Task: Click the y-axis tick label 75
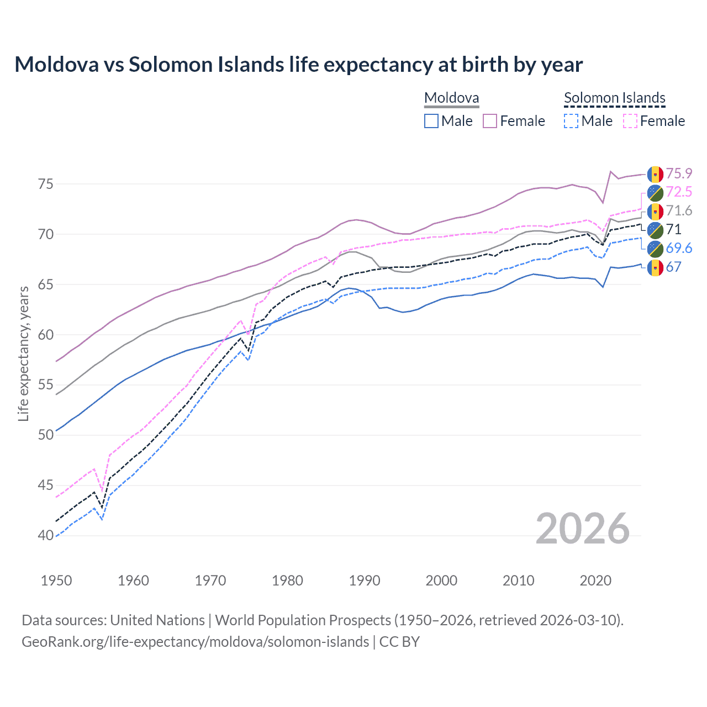tap(46, 184)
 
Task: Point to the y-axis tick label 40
tap(46, 535)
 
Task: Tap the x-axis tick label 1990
tap(365, 581)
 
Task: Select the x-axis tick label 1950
tap(56, 581)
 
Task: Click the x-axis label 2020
tap(595, 581)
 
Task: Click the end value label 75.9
tap(679, 173)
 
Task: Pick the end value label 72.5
tap(679, 192)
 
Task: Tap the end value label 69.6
tap(679, 248)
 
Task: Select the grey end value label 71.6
tap(679, 210)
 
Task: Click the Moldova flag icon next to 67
tap(655, 267)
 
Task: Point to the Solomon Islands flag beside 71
tap(655, 230)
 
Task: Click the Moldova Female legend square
tap(490, 121)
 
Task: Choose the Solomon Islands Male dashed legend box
tap(571, 121)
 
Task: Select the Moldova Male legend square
tap(431, 121)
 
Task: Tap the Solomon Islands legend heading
tap(614, 98)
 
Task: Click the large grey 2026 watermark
tap(583, 529)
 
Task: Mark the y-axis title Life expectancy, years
tap(23, 353)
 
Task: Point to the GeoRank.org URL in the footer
tap(195, 642)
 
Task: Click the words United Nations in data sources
tap(157, 620)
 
